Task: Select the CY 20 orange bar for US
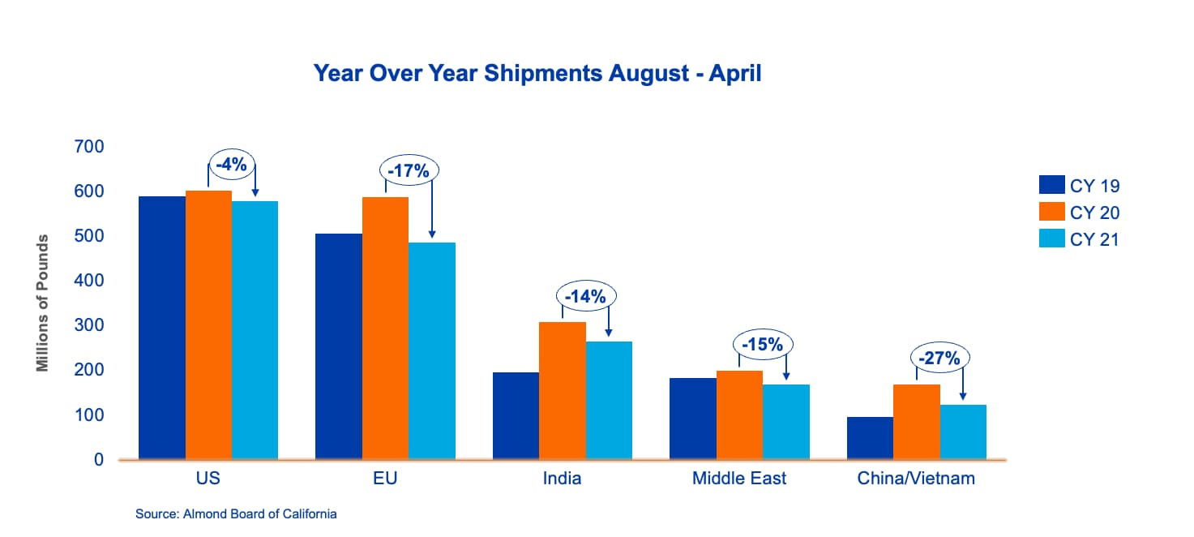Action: pyautogui.click(x=208, y=324)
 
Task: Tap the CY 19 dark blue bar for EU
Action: pyautogui.click(x=339, y=346)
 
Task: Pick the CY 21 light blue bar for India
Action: pyautogui.click(x=609, y=401)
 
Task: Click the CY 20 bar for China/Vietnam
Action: pyautogui.click(x=916, y=422)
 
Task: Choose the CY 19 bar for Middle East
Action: pyautogui.click(x=693, y=419)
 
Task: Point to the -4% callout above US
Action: pyautogui.click(x=232, y=164)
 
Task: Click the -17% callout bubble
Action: pyautogui.click(x=409, y=170)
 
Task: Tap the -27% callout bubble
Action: pyautogui.click(x=939, y=357)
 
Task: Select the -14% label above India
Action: pyautogui.click(x=586, y=296)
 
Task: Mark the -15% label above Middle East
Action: pyautogui.click(x=763, y=345)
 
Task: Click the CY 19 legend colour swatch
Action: pyautogui.click(x=1051, y=184)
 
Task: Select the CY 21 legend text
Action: pyautogui.click(x=1094, y=239)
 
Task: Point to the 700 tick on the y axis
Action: pyautogui.click(x=89, y=146)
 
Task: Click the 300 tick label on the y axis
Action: pyautogui.click(x=89, y=324)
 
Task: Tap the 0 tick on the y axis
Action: pyautogui.click(x=99, y=459)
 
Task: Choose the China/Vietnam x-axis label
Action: pyautogui.click(x=916, y=479)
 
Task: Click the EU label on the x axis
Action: pyautogui.click(x=385, y=479)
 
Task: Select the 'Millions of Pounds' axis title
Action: pyautogui.click(x=42, y=303)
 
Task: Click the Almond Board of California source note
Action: pyautogui.click(x=236, y=514)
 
